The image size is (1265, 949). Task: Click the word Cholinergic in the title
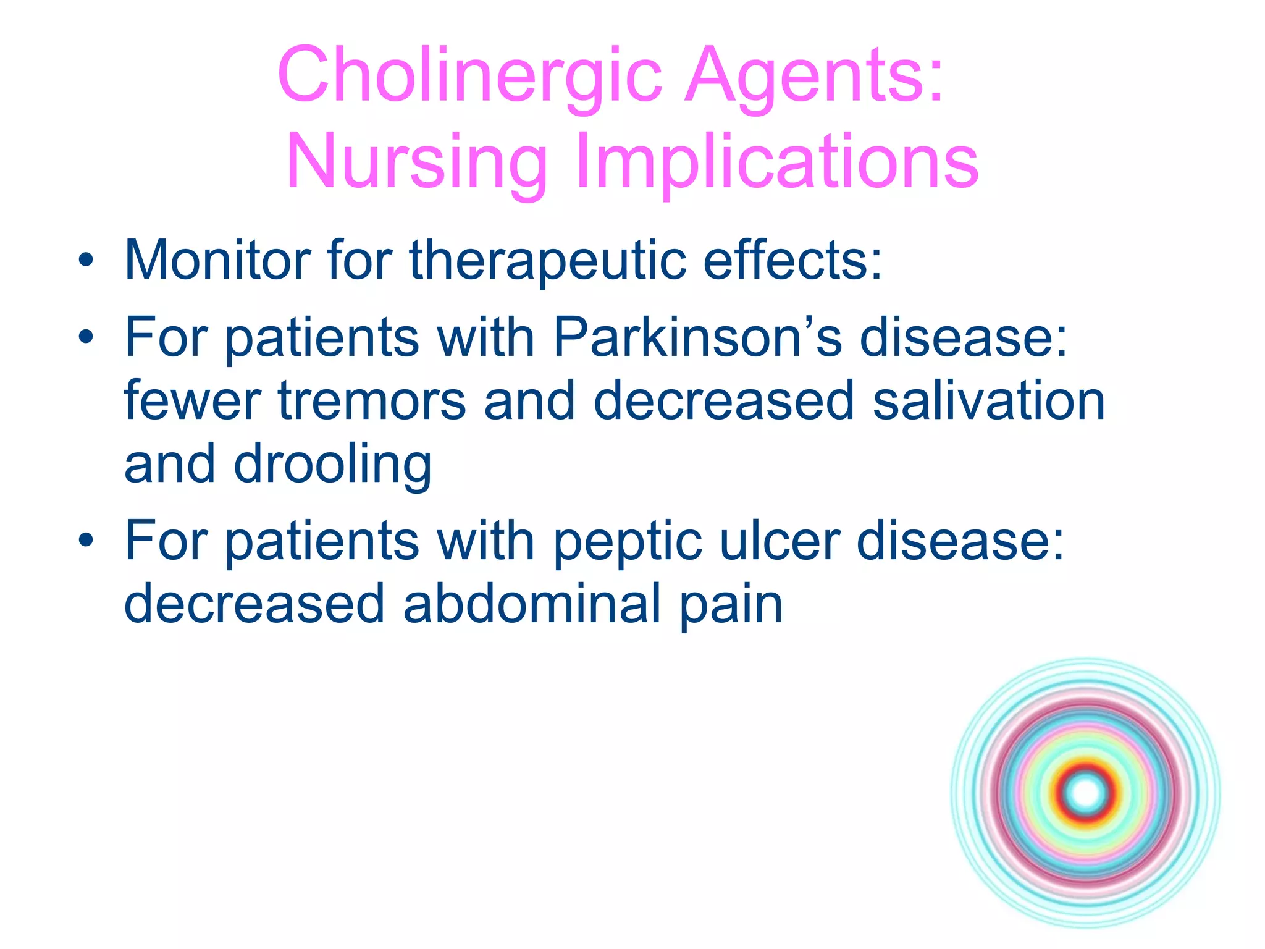tap(469, 75)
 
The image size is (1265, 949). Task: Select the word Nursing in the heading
tap(417, 162)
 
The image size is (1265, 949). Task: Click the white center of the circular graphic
tap(1085, 793)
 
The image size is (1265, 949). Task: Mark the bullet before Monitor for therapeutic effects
tap(86, 261)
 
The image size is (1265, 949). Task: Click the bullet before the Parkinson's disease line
tap(86, 337)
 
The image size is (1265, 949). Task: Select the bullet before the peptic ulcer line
tap(86, 541)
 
